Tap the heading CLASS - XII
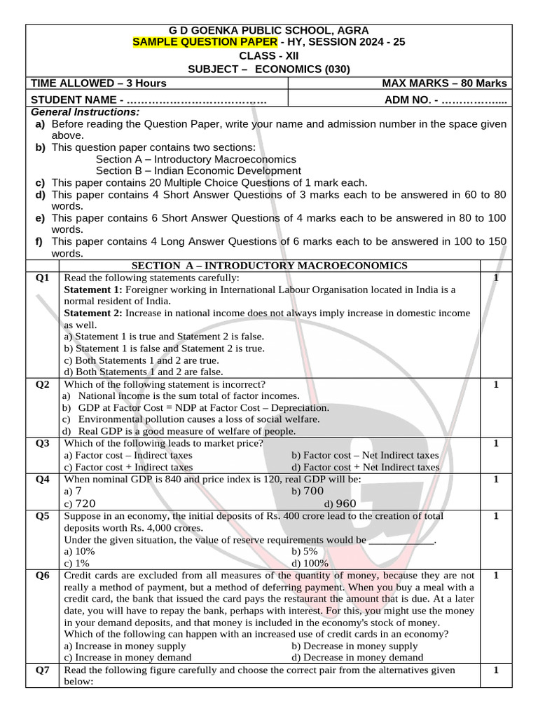268,56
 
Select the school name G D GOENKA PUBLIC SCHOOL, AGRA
269,31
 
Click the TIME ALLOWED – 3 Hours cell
99,83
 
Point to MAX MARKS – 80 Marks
444,83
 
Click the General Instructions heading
85,112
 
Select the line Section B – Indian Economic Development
198,170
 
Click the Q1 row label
43,278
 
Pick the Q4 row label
43,480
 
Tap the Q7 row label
43,670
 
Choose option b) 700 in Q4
308,492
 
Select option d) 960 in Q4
340,503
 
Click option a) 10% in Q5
79,552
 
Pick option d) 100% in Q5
310,563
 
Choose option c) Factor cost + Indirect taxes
128,467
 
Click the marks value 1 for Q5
496,516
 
